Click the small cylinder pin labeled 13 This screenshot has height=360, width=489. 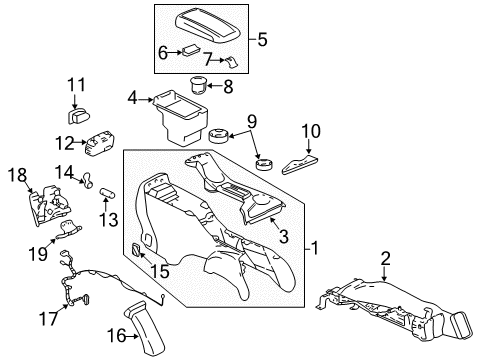click(109, 189)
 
